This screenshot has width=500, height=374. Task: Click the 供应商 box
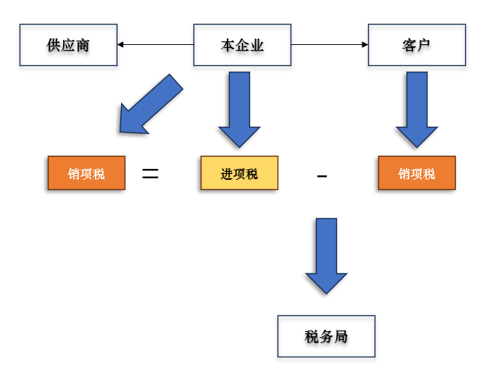pos(68,45)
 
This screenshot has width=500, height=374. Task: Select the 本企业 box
pos(242,45)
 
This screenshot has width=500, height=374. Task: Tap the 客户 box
pos(416,45)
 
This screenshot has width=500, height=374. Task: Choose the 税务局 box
pos(326,336)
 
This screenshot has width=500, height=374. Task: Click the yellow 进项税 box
pos(239,174)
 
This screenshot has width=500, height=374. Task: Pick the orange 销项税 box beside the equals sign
pos(86,174)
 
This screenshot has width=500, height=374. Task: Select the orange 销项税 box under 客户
pos(417,174)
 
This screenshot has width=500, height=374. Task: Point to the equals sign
pos(150,174)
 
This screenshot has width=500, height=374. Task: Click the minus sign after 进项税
pos(322,178)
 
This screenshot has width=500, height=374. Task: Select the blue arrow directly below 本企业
pos(239,109)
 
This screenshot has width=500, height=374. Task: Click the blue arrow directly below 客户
pos(417,109)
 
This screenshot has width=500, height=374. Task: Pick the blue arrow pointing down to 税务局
pos(326,255)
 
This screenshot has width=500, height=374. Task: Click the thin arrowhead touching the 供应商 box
pos(121,45)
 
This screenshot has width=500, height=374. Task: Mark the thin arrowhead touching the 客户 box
pos(364,45)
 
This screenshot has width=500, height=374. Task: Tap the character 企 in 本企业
pos(242,45)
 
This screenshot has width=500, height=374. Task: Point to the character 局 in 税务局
pos(341,336)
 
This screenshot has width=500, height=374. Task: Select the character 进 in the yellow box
pos(227,174)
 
